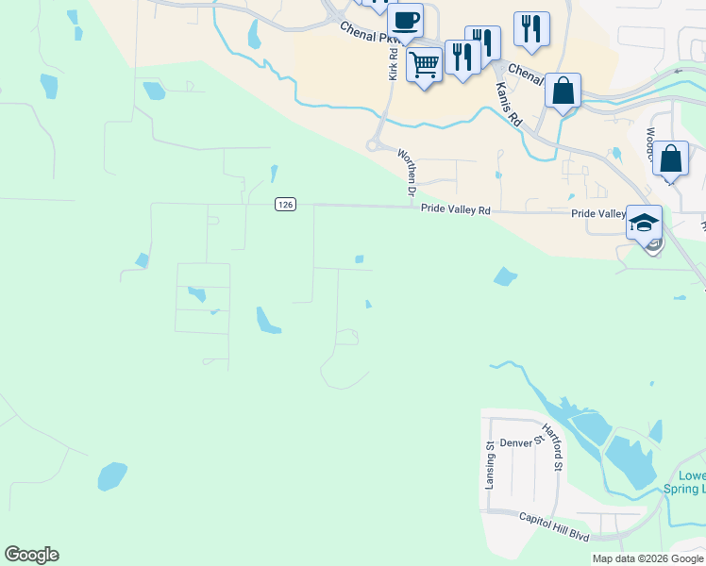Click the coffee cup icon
[406, 20]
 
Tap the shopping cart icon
[425, 64]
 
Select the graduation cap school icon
[644, 224]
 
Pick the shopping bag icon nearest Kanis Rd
[563, 91]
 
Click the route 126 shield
[285, 205]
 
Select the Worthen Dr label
[407, 172]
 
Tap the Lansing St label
[490, 465]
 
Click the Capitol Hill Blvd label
[555, 526]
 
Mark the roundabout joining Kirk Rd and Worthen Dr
[375, 145]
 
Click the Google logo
[31, 555]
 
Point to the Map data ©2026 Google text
[647, 558]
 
